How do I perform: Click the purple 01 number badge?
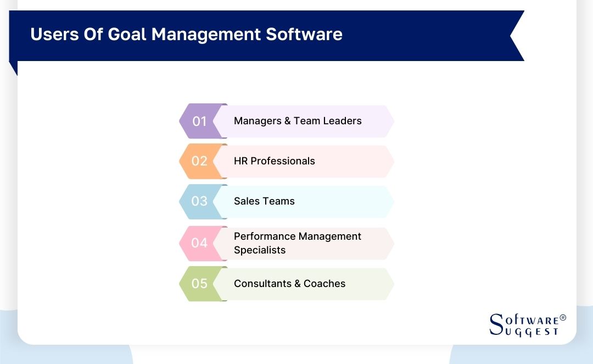coord(199,121)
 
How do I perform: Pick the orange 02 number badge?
coord(199,161)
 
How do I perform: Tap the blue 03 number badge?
coord(199,201)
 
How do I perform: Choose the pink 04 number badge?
coord(199,242)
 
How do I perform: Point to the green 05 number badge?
coord(199,284)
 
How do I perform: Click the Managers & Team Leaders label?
coord(298,121)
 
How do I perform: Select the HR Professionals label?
coord(274,161)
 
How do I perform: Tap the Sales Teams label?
coord(264,201)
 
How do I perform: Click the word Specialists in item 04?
coord(260,250)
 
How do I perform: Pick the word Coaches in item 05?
coord(325,284)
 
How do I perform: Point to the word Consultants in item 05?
coord(262,284)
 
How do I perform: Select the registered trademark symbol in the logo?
coord(562,318)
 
